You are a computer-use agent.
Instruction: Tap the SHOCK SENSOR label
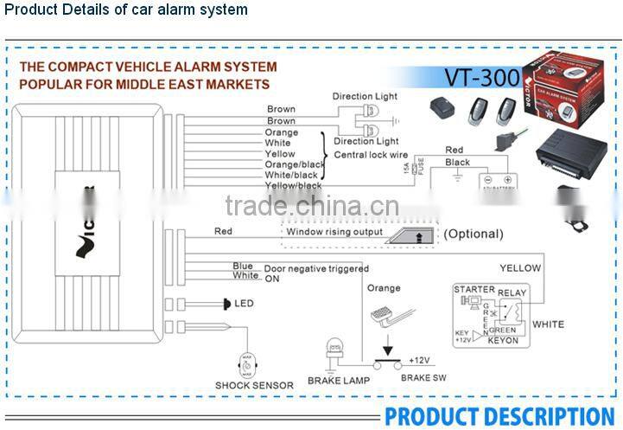click(x=254, y=385)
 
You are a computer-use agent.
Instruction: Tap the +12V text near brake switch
click(x=419, y=360)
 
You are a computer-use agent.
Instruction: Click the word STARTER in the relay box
click(x=474, y=290)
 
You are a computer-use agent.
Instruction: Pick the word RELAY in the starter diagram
click(x=512, y=293)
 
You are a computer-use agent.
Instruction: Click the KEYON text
click(x=503, y=340)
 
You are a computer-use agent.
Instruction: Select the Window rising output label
click(x=334, y=232)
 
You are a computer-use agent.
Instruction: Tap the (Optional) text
click(x=473, y=234)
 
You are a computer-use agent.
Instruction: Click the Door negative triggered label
click(x=316, y=269)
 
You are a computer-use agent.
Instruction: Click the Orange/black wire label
click(x=293, y=164)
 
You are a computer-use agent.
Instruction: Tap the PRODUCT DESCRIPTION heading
click(x=499, y=416)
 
